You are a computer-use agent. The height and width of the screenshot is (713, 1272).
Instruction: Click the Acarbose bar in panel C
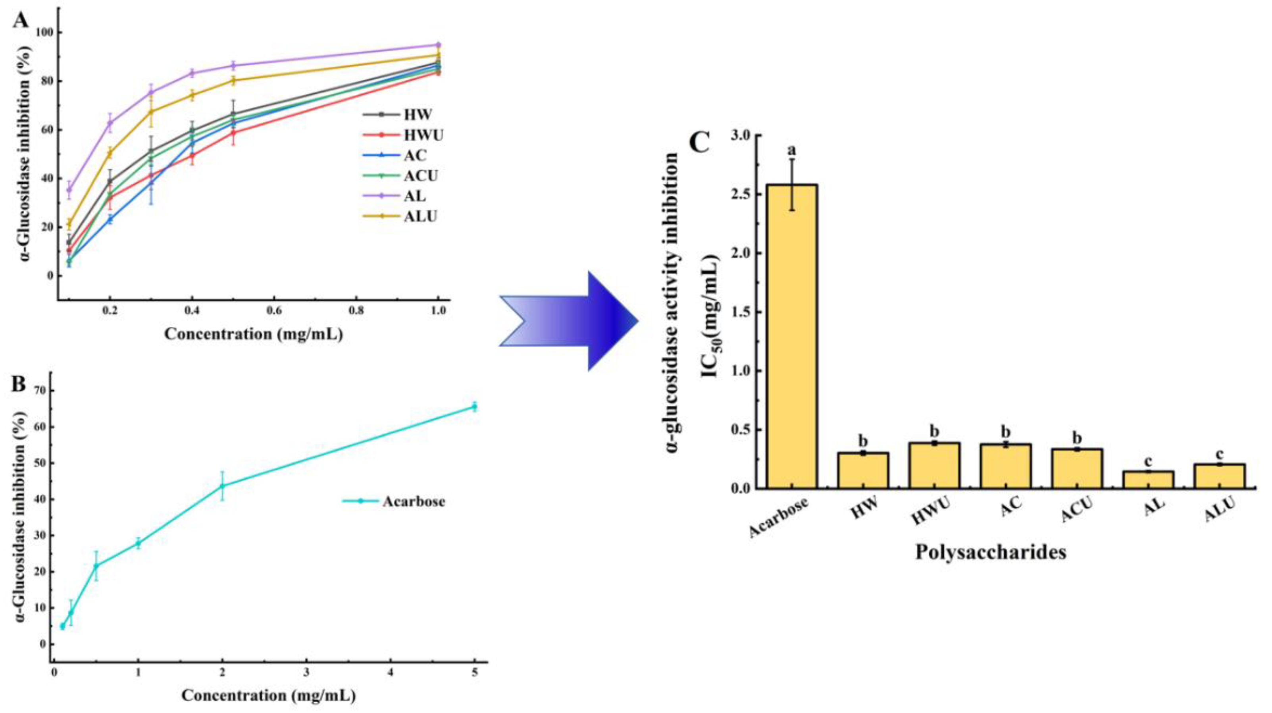coord(792,336)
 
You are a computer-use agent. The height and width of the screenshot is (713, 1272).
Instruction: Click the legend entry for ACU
coord(400,176)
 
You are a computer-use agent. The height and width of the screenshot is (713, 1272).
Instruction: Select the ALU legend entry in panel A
coord(400,216)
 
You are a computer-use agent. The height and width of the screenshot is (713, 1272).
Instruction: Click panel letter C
coord(699,144)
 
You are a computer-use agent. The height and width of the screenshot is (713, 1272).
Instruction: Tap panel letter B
coord(19,383)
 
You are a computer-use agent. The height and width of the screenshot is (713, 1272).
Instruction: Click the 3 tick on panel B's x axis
coord(307,673)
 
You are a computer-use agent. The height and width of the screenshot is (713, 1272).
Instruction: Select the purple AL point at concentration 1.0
coord(437,45)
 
